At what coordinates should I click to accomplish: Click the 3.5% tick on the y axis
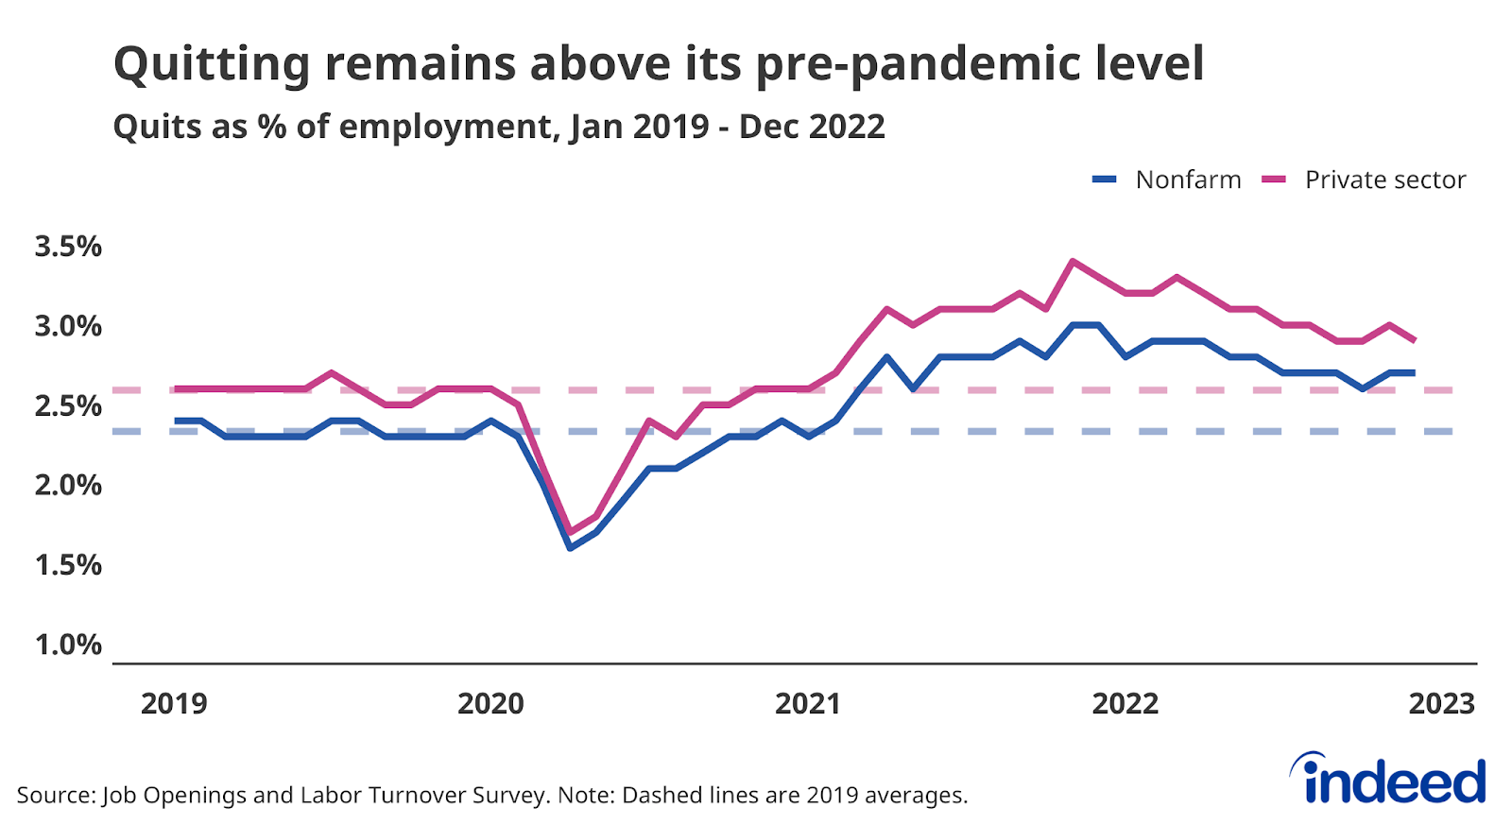pos(68,247)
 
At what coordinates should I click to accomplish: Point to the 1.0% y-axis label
pos(68,645)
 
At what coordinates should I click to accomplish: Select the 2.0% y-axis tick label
pos(68,485)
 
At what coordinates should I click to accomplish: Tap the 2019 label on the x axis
pos(174,704)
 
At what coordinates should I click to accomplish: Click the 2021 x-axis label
pos(808,704)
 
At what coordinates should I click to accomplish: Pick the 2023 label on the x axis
pos(1441,704)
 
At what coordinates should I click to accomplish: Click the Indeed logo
pos(1389,780)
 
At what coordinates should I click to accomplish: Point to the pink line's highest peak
pos(1072,261)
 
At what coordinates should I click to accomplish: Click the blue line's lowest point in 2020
pos(570,547)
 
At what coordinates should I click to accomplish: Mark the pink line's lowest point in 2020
pos(570,532)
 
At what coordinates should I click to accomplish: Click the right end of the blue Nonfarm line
pos(1414,372)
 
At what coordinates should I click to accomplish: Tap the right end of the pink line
pos(1414,340)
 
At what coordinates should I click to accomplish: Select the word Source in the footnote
pos(55,795)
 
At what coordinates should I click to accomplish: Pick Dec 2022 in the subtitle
pos(812,127)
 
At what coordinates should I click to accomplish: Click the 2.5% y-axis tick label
pos(68,405)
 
